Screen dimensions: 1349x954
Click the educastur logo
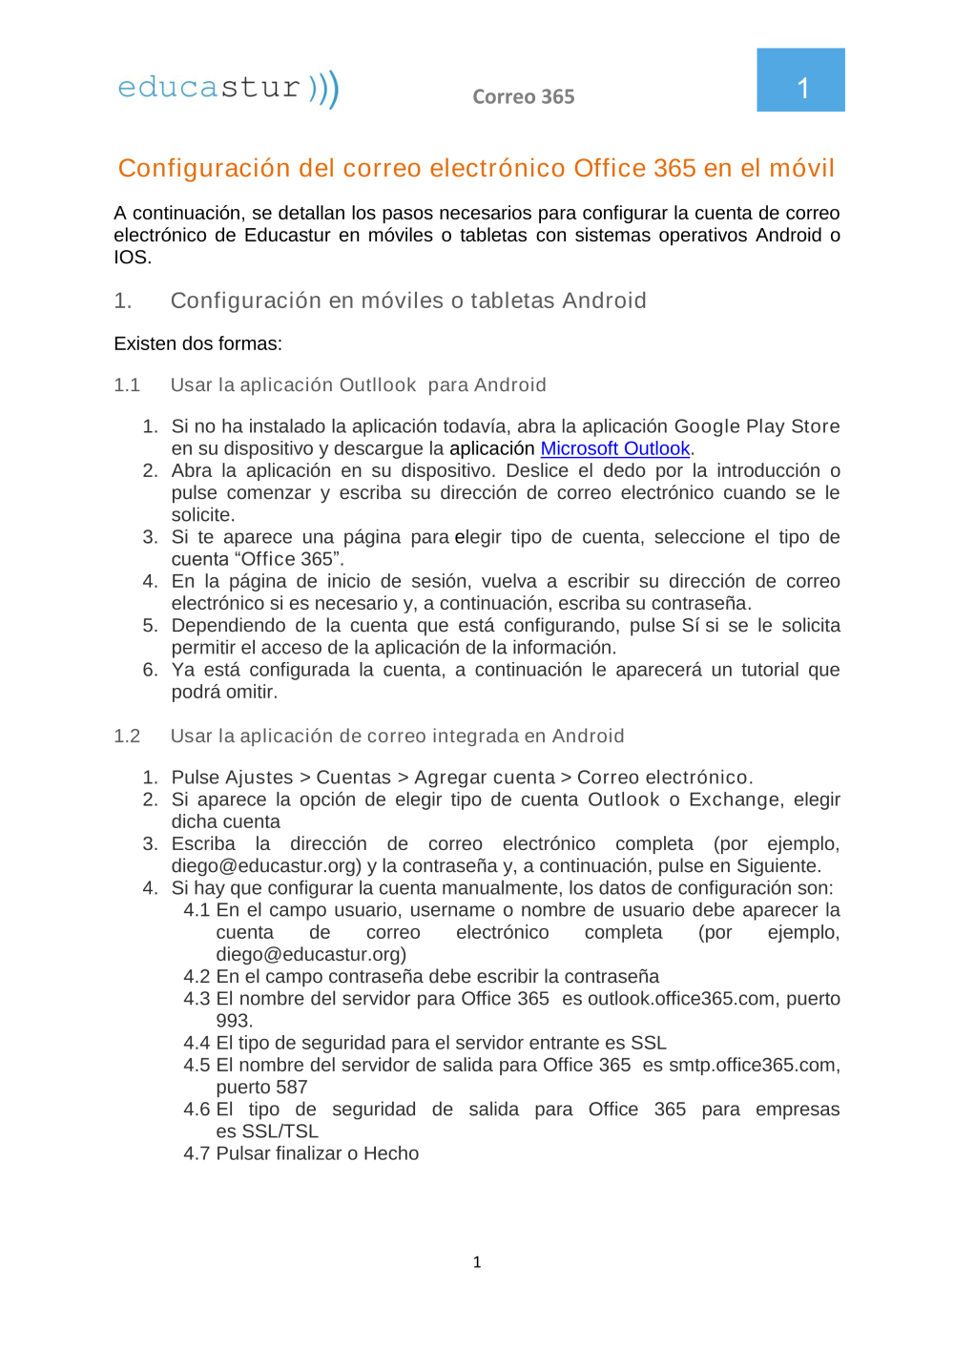[228, 89]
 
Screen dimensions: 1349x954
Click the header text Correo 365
[523, 96]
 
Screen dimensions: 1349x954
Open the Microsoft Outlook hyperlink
[614, 448]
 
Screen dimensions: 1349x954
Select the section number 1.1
[127, 385]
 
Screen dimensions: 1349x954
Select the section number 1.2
[127, 737]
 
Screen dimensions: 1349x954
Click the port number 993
[234, 1021]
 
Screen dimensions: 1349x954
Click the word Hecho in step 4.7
[391, 1153]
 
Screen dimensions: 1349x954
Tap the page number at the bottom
[477, 1262]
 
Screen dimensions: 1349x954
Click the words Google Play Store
[757, 426]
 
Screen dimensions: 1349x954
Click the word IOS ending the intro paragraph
[131, 258]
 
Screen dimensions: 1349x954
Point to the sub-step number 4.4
[197, 1043]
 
